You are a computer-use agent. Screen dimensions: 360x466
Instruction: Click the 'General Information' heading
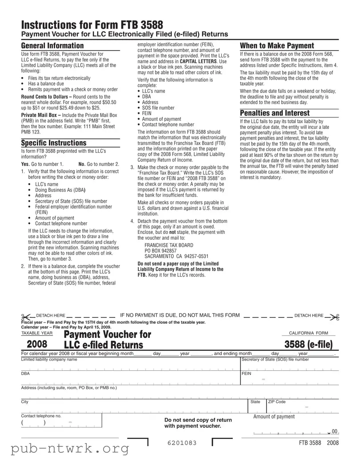(x=52, y=46)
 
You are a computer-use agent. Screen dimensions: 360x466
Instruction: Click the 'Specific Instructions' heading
(x=54, y=143)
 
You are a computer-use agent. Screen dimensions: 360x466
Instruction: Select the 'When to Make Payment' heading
(x=276, y=46)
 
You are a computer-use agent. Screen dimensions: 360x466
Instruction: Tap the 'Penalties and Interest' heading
(x=275, y=113)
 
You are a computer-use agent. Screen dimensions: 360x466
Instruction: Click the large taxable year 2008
(x=40, y=344)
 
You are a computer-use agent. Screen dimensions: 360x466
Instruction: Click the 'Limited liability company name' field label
(x=49, y=359)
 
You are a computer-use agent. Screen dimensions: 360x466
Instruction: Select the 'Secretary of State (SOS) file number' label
(x=275, y=359)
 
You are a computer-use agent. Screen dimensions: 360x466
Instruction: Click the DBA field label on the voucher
(x=25, y=374)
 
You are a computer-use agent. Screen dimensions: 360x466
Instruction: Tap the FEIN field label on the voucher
(x=247, y=374)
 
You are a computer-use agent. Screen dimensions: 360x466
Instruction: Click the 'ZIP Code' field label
(x=277, y=402)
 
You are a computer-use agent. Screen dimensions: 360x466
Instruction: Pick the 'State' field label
(x=256, y=402)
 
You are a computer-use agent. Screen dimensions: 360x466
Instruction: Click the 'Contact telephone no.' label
(x=41, y=416)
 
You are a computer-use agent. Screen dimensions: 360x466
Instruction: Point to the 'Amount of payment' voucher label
(x=274, y=417)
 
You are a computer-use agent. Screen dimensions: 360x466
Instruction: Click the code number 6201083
(x=182, y=443)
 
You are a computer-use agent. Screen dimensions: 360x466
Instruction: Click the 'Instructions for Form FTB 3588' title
(x=92, y=25)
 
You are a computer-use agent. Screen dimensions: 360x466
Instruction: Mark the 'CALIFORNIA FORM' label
(x=308, y=333)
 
